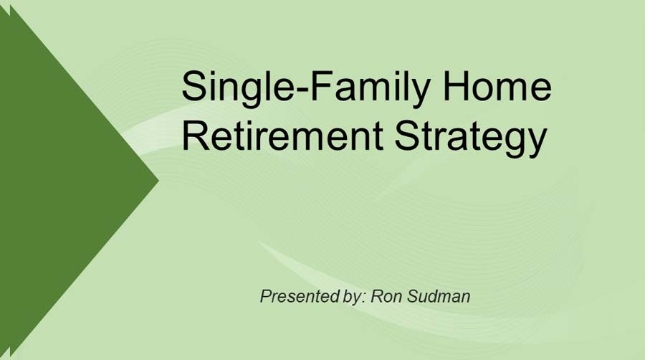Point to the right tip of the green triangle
point(157,179)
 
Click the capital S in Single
point(194,87)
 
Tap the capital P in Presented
point(266,295)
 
